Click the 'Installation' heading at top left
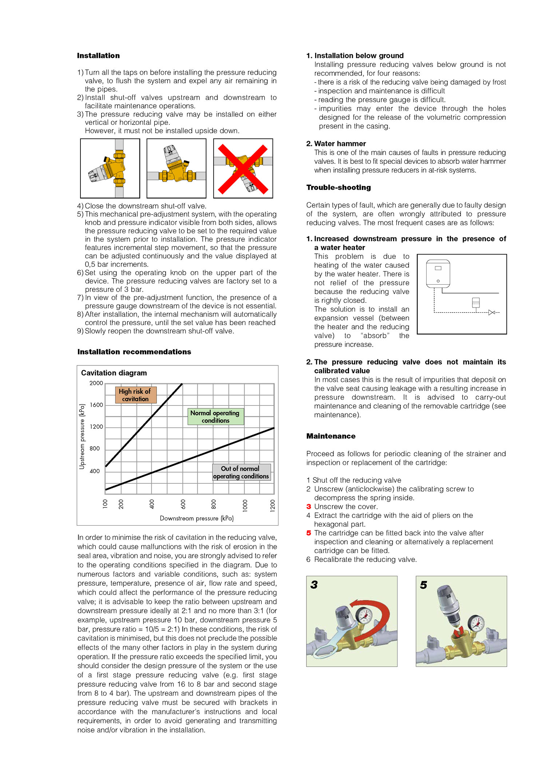pyautogui.click(x=98, y=56)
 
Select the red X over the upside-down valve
pyautogui.click(x=243, y=169)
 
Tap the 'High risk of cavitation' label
pyautogui.click(x=135, y=395)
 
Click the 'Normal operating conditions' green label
pyautogui.click(x=215, y=416)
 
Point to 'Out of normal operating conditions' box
pyautogui.click(x=241, y=472)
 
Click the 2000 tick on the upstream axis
pyautogui.click(x=96, y=383)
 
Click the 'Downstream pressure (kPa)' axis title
pyautogui.click(x=197, y=518)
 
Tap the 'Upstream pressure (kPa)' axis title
pyautogui.click(x=82, y=436)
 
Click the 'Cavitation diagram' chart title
pyautogui.click(x=114, y=373)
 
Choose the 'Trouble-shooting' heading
pyautogui.click(x=339, y=187)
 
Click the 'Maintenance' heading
pyautogui.click(x=331, y=436)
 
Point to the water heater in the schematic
pyautogui.click(x=438, y=274)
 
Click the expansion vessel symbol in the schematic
pyautogui.click(x=475, y=302)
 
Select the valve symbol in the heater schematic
pyautogui.click(x=491, y=312)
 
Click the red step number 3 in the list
pyautogui.click(x=309, y=507)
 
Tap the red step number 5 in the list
pyautogui.click(x=309, y=533)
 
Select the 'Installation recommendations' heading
pyautogui.click(x=134, y=352)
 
